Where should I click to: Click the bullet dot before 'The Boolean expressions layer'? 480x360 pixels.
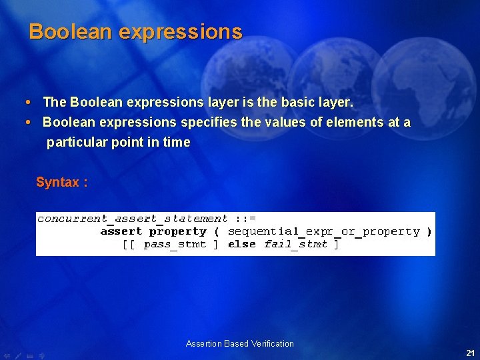tap(26, 103)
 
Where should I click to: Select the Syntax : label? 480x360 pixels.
tap(61, 183)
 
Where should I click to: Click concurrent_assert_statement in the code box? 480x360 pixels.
tap(132, 219)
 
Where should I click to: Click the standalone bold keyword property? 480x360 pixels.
tap(178, 231)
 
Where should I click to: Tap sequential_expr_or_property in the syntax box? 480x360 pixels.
tap(323, 231)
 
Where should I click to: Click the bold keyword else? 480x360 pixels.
tap(241, 244)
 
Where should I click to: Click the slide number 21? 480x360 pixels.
tap(470, 353)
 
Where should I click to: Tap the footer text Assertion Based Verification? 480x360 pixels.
tap(240, 344)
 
